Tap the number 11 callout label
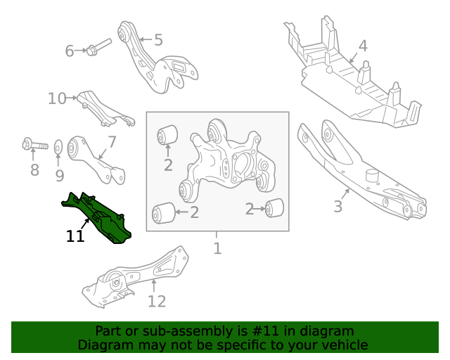pos(75,237)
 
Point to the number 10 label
pos(56,98)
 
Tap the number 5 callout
pos(158,40)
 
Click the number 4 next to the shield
pos(362,46)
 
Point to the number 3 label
pos(338,207)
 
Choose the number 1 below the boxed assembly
pos(217,248)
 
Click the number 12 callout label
pos(157,302)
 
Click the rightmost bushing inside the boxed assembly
pos(275,207)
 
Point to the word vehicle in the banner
pos(342,345)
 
